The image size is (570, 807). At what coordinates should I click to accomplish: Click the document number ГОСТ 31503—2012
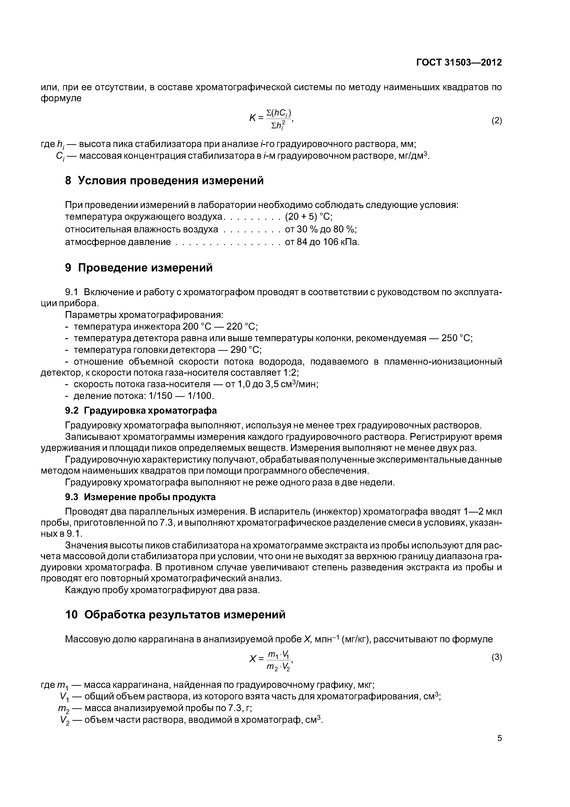(x=459, y=63)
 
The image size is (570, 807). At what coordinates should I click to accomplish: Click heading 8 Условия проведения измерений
(x=164, y=181)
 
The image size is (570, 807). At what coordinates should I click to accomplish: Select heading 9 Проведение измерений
(x=139, y=268)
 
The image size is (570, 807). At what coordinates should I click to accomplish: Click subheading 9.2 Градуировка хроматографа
(x=141, y=411)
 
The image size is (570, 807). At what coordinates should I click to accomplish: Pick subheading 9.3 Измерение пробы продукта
(x=140, y=497)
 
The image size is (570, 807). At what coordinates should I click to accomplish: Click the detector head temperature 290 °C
(x=246, y=350)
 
